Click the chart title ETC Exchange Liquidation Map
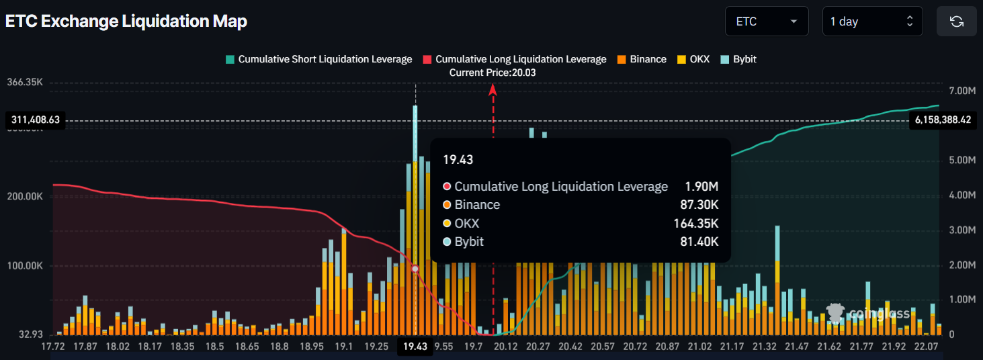click(126, 21)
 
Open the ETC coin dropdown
click(766, 21)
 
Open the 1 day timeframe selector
click(871, 21)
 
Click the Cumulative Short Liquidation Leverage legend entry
click(318, 59)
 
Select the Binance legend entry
click(641, 59)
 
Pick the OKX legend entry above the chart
click(695, 59)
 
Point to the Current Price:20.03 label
click(493, 73)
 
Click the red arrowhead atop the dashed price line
click(493, 89)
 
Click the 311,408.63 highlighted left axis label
click(36, 120)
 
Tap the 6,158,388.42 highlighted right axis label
click(943, 120)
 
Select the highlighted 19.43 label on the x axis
click(415, 347)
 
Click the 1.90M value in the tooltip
click(702, 187)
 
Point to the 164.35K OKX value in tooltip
click(695, 224)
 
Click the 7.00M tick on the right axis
click(961, 91)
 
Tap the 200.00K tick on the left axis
click(26, 197)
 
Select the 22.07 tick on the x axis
click(926, 347)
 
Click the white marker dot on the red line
click(415, 269)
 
